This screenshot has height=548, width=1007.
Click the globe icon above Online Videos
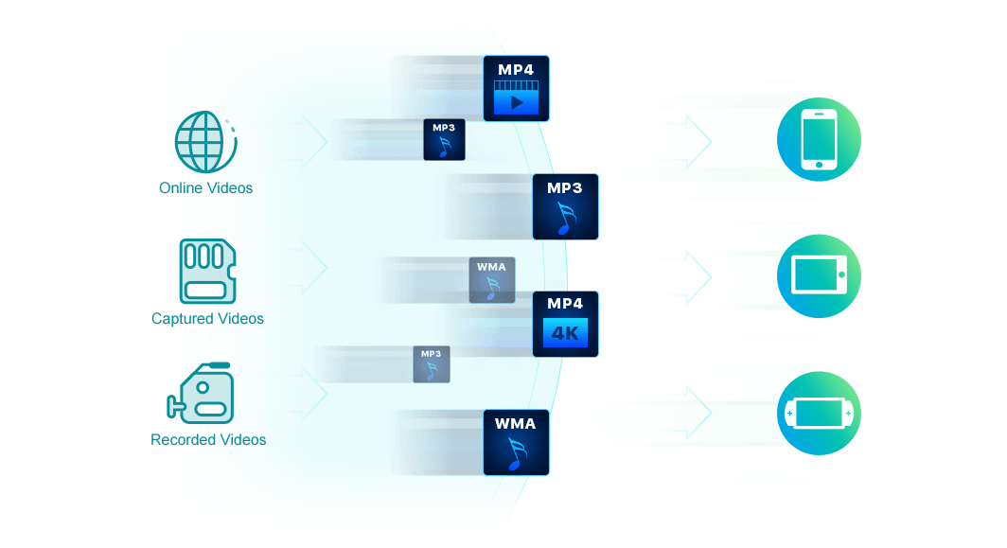[x=204, y=141]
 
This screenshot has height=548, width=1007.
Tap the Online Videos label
[x=206, y=188]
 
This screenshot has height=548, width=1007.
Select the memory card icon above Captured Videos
[x=206, y=271]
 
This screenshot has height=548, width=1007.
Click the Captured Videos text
[x=207, y=319]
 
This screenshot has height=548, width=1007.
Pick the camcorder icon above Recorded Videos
[x=202, y=395]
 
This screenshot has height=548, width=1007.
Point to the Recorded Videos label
[x=208, y=440]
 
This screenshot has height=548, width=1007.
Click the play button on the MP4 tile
[x=516, y=102]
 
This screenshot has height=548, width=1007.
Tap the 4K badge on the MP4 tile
[x=565, y=334]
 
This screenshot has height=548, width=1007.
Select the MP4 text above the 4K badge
[x=565, y=304]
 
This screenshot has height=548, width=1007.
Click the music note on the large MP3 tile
[x=565, y=218]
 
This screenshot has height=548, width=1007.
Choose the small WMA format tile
[x=491, y=280]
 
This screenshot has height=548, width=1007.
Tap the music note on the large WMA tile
[x=516, y=453]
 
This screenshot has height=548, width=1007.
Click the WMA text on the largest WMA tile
[x=516, y=423]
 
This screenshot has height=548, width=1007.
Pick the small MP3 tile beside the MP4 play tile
[x=444, y=139]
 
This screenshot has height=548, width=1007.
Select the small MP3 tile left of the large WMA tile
[x=431, y=364]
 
